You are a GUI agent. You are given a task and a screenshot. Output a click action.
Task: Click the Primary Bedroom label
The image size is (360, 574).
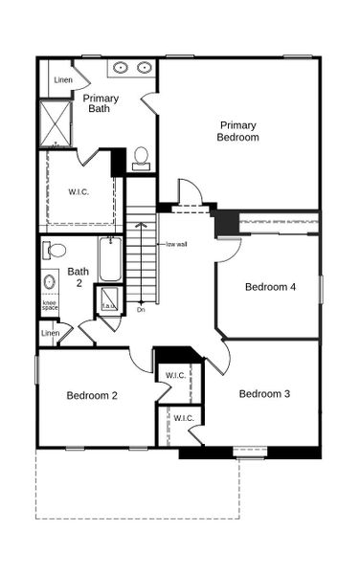[238, 131]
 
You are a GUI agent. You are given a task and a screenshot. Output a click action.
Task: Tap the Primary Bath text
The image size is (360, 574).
[100, 103]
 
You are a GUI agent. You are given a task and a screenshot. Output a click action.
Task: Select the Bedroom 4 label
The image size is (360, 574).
[270, 287]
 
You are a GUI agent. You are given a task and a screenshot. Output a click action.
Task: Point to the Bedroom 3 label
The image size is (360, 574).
[264, 394]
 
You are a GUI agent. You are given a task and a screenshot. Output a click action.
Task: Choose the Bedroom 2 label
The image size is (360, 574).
[92, 395]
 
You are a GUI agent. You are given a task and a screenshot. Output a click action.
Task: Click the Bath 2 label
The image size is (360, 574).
[79, 277]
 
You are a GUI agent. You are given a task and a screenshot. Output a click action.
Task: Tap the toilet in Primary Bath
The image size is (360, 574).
[141, 158]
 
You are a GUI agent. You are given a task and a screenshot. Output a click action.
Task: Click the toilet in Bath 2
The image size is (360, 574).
[54, 251]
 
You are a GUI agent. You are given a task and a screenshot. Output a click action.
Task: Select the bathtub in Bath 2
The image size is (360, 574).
[110, 257]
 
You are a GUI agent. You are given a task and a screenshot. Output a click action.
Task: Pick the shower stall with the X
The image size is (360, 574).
[56, 122]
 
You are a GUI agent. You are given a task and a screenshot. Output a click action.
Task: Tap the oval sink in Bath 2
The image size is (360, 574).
[50, 283]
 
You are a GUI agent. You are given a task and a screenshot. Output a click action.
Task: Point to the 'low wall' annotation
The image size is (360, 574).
[176, 244]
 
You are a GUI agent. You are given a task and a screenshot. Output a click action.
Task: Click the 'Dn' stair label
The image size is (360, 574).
[141, 310]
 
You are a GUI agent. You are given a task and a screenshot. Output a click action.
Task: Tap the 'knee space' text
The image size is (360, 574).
[50, 306]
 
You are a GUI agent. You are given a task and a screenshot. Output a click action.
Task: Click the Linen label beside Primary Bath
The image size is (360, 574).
[62, 79]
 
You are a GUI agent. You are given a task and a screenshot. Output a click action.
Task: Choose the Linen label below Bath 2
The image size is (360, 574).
[50, 333]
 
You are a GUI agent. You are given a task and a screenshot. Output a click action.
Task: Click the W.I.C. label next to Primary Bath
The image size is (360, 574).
[79, 192]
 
